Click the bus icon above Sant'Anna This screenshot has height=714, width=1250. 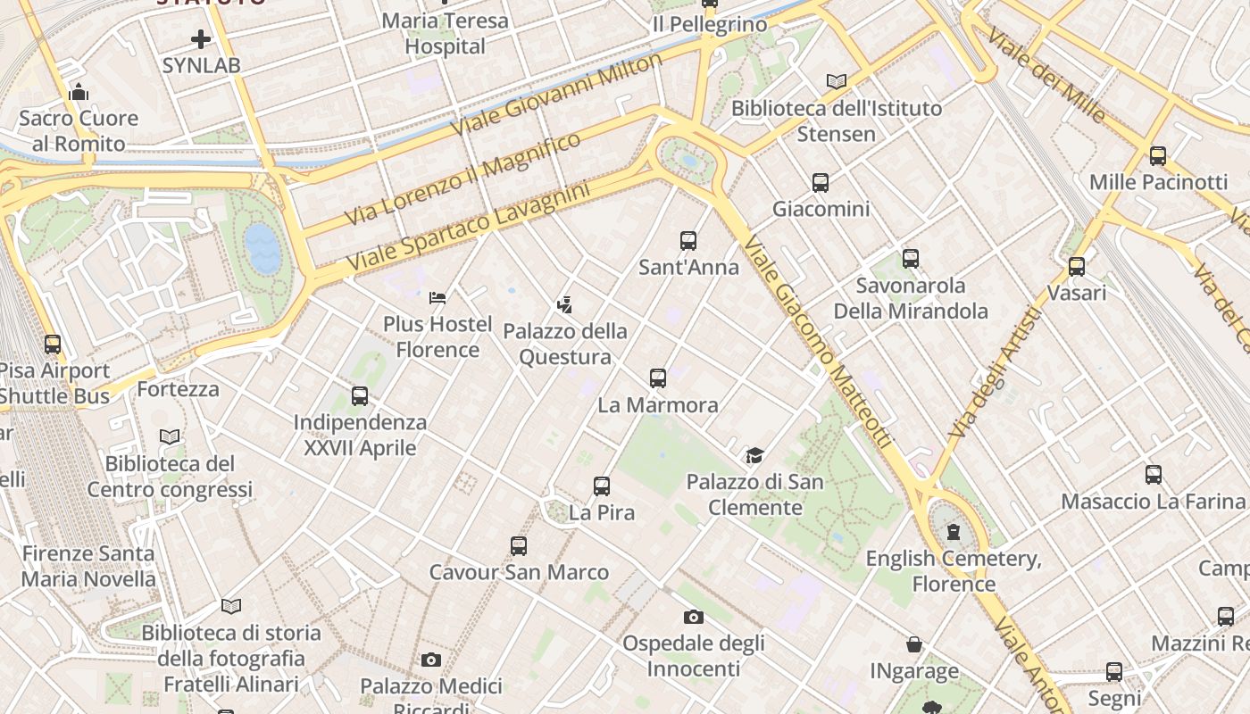pos(687,240)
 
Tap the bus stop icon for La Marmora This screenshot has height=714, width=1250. pos(658,378)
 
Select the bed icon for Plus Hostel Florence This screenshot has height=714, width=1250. pos(437,297)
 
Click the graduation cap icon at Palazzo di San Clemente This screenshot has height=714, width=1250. pos(754,456)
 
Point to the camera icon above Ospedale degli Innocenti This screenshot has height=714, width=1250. pos(693,617)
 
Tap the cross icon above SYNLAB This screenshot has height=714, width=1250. pos(201,38)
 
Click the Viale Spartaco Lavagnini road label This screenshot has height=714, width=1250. pos(468,228)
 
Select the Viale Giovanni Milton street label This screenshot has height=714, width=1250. pos(556,93)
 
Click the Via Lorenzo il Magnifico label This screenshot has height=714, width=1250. pos(462,179)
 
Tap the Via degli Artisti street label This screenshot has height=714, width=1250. pos(995,372)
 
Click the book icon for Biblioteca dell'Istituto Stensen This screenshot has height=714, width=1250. pos(836,82)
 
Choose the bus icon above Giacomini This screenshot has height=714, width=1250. pos(821,183)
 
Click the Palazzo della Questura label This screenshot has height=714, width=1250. pos(565,344)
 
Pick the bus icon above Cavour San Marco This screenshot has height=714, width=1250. pos(519,545)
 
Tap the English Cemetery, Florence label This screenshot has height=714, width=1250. pos(954,571)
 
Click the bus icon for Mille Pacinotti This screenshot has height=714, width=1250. pos(1158,155)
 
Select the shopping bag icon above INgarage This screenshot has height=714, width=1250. pos(914,644)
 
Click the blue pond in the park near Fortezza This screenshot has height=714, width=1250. pos(262,248)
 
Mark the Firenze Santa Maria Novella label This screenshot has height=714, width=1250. pos(88,566)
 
